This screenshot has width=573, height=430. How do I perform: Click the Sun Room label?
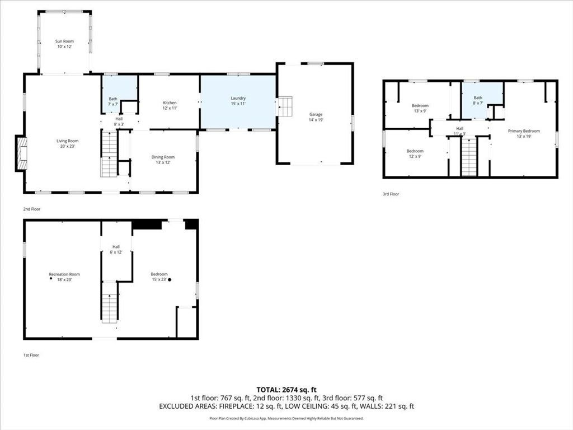(64, 41)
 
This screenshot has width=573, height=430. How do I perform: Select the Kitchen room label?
(170, 103)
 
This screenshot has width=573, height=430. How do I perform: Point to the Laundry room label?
(238, 98)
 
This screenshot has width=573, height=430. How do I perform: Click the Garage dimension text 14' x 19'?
(316, 120)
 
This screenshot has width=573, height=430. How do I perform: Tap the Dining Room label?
(163, 157)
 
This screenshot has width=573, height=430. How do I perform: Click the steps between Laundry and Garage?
(285, 106)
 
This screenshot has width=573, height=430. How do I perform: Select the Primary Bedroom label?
(524, 131)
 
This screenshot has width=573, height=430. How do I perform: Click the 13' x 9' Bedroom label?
(420, 106)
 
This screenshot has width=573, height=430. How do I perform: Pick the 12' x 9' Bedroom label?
(415, 151)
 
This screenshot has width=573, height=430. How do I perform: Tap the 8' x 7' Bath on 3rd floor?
(478, 97)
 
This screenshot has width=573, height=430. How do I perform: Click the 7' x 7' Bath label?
(113, 99)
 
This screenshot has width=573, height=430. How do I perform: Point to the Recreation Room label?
(64, 274)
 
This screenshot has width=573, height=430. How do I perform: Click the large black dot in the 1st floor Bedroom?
(170, 280)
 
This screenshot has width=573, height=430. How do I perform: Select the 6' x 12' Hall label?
(116, 247)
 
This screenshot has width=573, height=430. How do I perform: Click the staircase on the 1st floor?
(109, 302)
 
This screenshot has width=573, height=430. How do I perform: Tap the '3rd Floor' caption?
(391, 194)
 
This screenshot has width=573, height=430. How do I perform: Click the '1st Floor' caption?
(31, 355)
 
